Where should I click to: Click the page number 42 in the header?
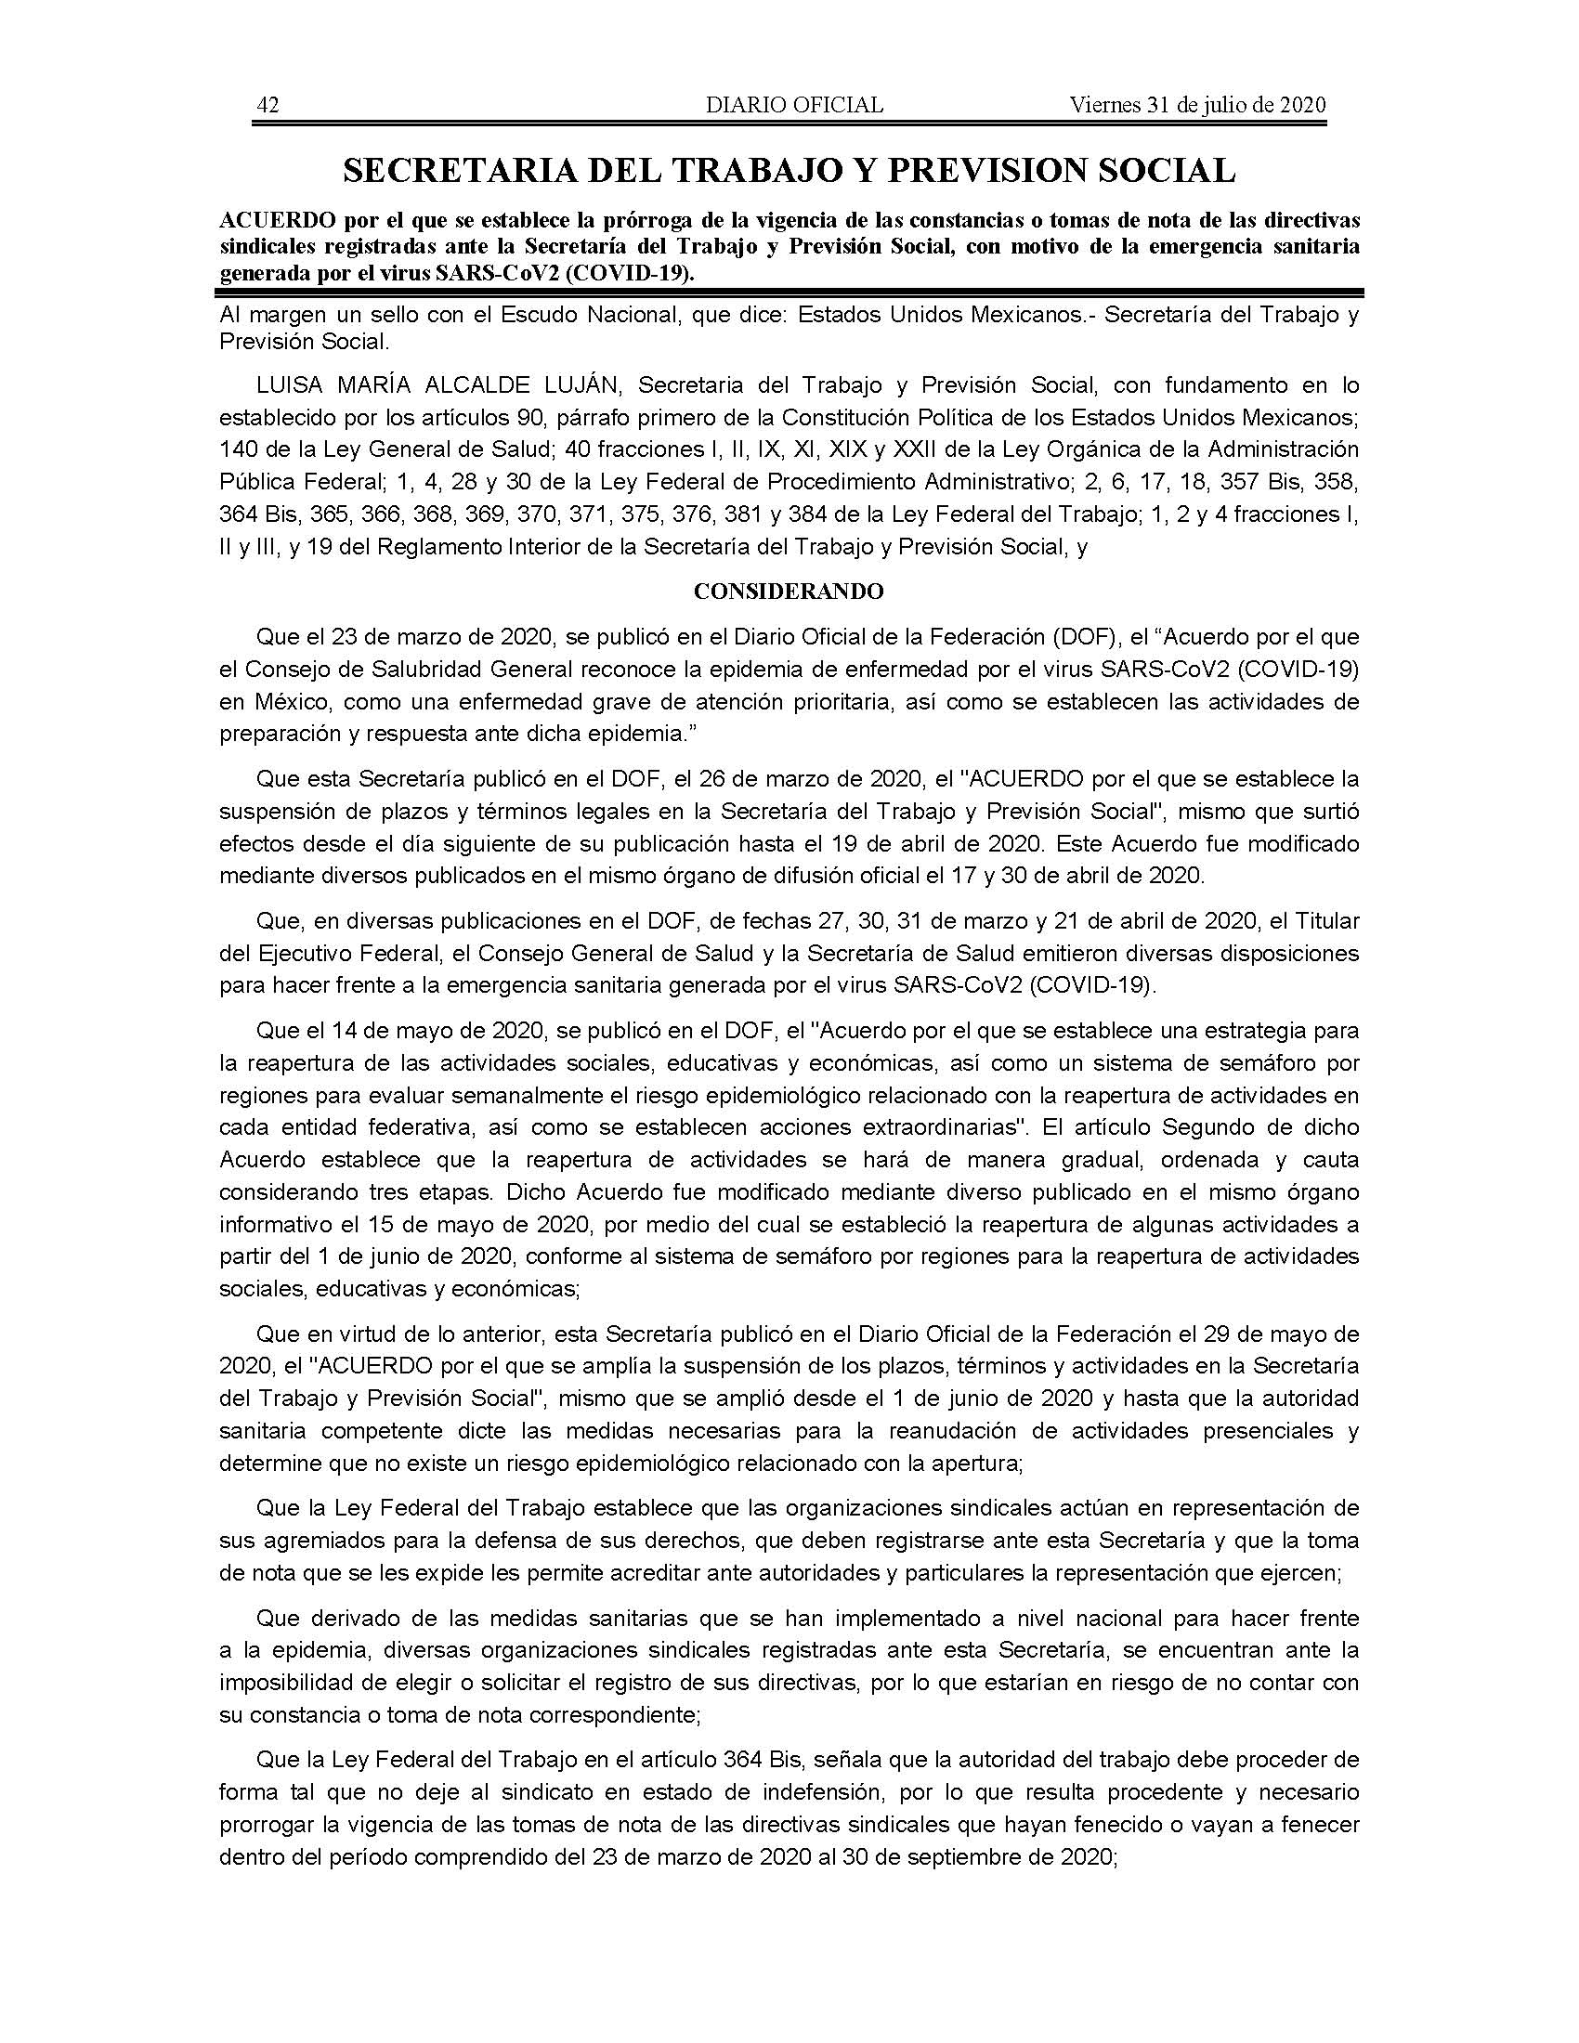click(268, 105)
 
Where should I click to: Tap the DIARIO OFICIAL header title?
click(794, 105)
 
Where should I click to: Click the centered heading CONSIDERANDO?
click(789, 592)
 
